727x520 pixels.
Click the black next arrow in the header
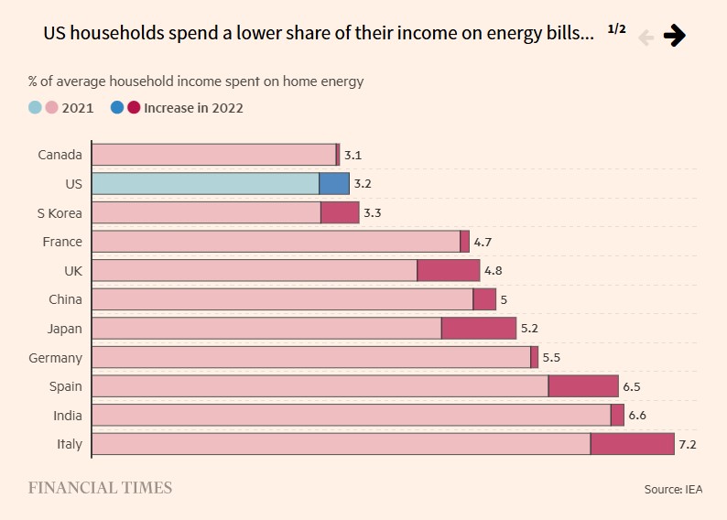675,36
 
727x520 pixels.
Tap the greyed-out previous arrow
646,37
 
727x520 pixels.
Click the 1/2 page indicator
616,29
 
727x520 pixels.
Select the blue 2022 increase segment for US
334,183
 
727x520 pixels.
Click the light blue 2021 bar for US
205,183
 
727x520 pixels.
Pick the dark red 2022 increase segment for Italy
632,444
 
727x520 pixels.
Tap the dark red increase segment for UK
449,270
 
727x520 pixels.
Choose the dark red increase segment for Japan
479,328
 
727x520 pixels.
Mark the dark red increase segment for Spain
583,386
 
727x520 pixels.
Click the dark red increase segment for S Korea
340,212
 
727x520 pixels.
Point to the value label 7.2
688,445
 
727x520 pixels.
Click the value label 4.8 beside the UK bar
494,271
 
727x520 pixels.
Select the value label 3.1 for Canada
353,156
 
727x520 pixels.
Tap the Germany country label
55,358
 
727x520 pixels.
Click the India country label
68,416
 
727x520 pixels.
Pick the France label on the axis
62,242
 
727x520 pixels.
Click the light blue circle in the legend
35,107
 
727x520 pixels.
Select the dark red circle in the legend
134,107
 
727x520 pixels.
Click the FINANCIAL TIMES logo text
100,488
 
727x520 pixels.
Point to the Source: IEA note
674,490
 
